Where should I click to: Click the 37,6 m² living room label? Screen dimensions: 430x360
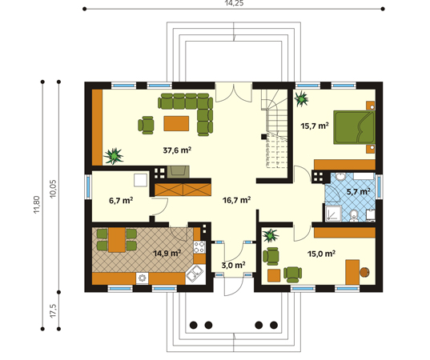(x=177, y=150)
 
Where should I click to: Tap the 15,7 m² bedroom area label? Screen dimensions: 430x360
(x=315, y=126)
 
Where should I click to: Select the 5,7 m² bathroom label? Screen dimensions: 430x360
(x=359, y=191)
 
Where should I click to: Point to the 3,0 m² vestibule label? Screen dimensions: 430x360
(x=233, y=265)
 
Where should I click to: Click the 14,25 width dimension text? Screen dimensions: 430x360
(x=234, y=3)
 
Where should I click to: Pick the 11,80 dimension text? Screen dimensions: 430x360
(x=37, y=205)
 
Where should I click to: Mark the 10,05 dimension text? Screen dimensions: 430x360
(x=53, y=189)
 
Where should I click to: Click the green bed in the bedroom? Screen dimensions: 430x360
(x=354, y=127)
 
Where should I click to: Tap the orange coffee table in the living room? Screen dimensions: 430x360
(x=176, y=123)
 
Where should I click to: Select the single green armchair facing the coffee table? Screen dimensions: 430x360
(x=147, y=126)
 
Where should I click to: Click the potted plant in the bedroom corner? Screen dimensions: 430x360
(x=301, y=98)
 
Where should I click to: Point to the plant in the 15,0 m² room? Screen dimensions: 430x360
(x=270, y=235)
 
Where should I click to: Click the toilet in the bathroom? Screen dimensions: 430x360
(x=354, y=216)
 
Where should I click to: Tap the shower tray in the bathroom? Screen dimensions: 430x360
(x=333, y=214)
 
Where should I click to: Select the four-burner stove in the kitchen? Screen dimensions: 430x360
(x=199, y=247)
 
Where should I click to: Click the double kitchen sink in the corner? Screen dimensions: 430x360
(x=195, y=274)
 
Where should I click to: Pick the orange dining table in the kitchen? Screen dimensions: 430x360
(x=117, y=240)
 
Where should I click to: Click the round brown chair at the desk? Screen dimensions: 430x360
(x=364, y=272)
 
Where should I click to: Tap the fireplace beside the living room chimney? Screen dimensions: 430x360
(x=178, y=172)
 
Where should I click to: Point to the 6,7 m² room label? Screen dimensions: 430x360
(x=121, y=201)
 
